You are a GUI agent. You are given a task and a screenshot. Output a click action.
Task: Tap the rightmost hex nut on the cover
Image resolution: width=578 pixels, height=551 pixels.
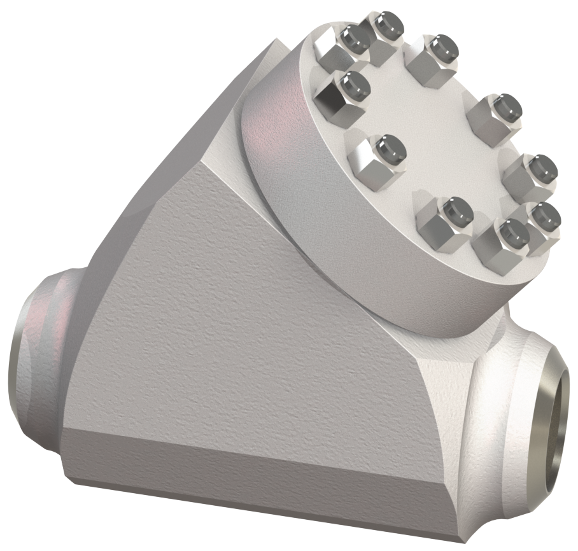[541, 220]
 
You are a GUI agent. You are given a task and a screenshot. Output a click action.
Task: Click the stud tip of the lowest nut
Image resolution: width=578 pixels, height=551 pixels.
[512, 232]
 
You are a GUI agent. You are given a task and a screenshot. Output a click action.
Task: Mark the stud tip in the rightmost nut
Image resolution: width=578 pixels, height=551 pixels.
[546, 214]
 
